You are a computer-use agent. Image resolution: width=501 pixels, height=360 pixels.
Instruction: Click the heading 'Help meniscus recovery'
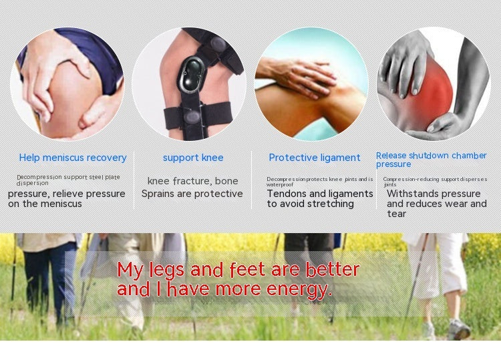click(x=73, y=158)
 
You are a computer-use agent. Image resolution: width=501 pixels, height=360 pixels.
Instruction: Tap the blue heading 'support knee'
click(x=193, y=158)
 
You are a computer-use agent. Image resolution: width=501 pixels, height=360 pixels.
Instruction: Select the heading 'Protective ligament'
click(x=314, y=158)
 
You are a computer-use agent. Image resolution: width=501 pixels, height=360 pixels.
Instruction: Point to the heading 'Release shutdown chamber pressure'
click(x=431, y=159)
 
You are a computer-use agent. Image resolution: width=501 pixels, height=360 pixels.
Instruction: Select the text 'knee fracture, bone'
click(x=192, y=181)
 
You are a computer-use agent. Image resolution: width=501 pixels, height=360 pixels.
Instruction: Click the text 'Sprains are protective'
click(x=192, y=194)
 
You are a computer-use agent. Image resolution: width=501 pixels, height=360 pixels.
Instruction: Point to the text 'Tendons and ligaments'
click(x=320, y=194)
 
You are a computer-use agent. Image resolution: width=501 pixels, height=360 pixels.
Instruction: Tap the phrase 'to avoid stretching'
click(x=310, y=204)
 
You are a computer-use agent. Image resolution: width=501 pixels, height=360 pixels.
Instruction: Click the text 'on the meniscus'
click(x=45, y=204)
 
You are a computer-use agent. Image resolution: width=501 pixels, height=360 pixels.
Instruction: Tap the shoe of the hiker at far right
click(x=459, y=330)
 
